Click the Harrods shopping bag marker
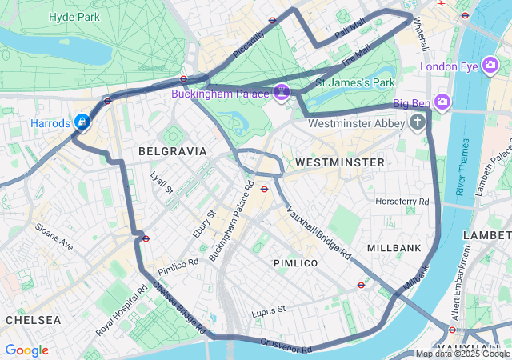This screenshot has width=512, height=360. (x=82, y=122)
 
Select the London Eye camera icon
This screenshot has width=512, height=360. (x=491, y=66)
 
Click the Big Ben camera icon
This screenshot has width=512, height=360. (x=443, y=102)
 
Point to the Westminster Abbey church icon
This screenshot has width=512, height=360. (x=417, y=122)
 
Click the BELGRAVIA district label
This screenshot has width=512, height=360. (x=172, y=150)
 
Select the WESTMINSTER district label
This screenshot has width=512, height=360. (x=339, y=162)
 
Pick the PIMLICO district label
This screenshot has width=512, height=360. (x=295, y=262)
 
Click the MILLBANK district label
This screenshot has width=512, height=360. (x=394, y=248)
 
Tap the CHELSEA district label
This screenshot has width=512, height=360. (x=33, y=319)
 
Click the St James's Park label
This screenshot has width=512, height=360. (x=355, y=82)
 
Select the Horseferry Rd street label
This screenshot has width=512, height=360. (x=402, y=201)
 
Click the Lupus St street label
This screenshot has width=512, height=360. (x=268, y=310)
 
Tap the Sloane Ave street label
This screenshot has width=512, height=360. (x=54, y=237)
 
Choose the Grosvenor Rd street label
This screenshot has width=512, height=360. (x=285, y=346)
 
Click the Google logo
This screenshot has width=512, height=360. (x=26, y=350)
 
